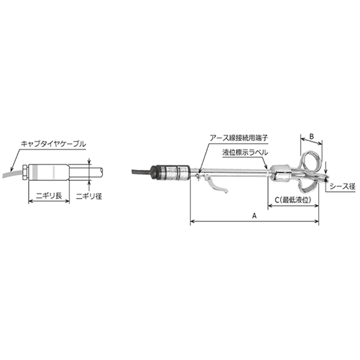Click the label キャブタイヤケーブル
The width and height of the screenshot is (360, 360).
pyautogui.click(x=54, y=144)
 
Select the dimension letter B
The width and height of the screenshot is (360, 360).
pyautogui.click(x=312, y=135)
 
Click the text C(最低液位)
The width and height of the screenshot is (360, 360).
pyautogui.click(x=292, y=199)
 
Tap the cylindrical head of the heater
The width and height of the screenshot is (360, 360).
pyautogui.click(x=172, y=173)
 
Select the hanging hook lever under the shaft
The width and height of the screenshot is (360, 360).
pyautogui.click(x=217, y=186)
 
